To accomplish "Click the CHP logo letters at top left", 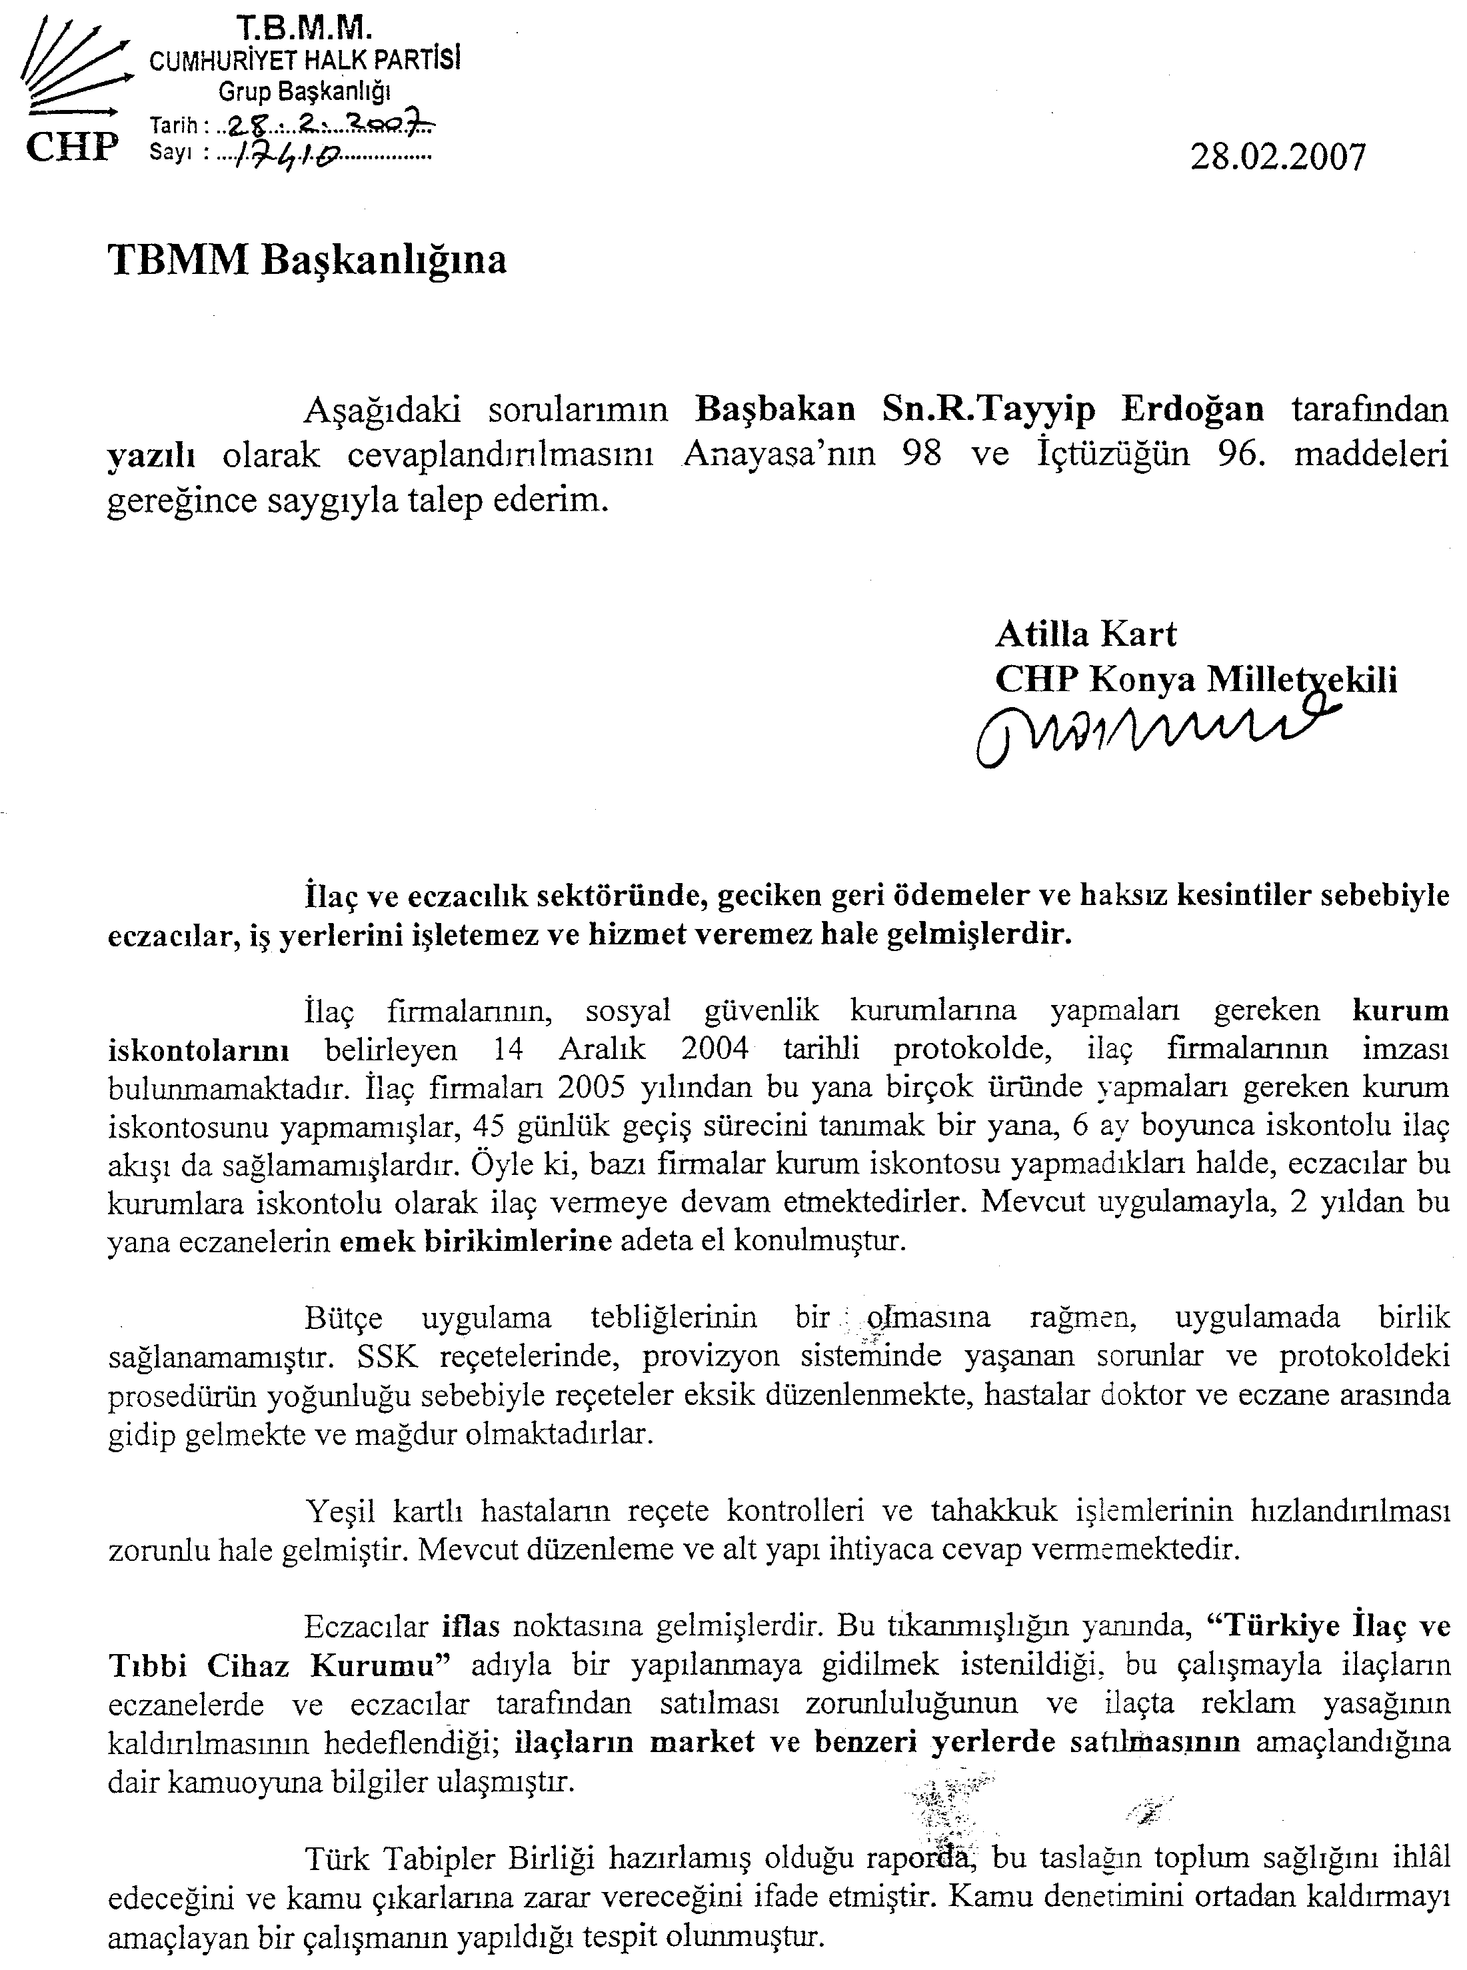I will point(72,145).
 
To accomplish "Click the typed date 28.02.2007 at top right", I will point(1277,157).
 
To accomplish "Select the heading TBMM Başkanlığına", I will point(307,260).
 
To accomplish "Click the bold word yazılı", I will point(151,455).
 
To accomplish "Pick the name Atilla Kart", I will point(1085,634).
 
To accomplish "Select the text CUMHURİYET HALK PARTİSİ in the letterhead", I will point(305,61).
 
